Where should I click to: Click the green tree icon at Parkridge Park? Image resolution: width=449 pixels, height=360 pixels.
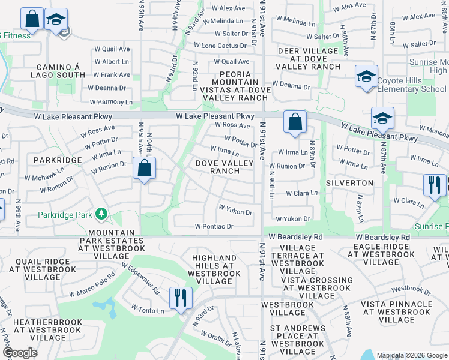101,214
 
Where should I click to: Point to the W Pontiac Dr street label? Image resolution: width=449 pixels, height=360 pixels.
214,226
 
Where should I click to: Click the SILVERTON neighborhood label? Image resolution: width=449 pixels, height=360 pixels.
349,182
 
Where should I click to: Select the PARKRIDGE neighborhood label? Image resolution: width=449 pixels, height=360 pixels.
58,160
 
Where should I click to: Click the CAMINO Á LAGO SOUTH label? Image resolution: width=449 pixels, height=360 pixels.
61,71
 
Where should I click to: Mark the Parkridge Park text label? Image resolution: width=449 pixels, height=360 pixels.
65,214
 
